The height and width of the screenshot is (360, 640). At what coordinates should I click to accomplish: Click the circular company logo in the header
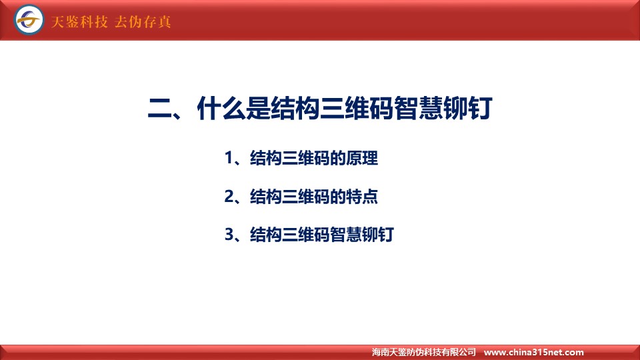click(29, 19)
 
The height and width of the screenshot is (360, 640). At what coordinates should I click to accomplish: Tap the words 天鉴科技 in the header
click(79, 21)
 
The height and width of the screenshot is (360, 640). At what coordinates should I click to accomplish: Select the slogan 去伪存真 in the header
click(143, 21)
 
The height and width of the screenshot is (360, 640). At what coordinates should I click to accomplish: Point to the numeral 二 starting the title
click(160, 109)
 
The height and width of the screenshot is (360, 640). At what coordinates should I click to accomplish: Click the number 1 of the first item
click(229, 158)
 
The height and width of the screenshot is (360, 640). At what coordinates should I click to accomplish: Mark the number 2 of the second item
click(229, 196)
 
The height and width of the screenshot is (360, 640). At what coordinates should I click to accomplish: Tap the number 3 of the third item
click(229, 235)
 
